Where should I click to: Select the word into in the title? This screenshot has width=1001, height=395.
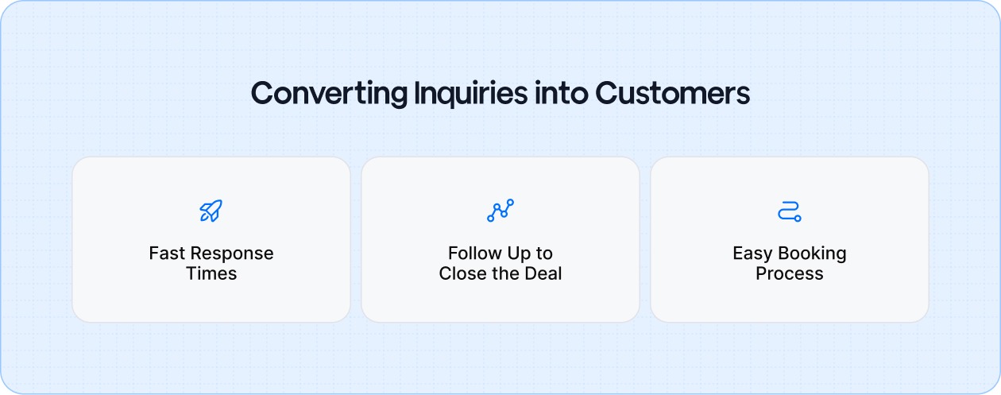561,94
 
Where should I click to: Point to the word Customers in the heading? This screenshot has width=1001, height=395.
673,94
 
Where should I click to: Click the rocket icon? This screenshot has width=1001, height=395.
211,211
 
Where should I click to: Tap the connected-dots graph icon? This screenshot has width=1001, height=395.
500,211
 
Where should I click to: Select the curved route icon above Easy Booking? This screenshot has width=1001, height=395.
789,211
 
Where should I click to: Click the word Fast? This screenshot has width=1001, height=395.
166,254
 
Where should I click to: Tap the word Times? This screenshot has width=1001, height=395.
211,274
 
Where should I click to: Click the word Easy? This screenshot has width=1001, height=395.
752,254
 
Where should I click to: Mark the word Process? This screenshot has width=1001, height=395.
789,274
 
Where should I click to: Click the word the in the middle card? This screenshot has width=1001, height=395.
504,274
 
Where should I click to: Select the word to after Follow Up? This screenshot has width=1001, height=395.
544,254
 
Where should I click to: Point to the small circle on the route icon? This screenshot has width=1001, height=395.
798,218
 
